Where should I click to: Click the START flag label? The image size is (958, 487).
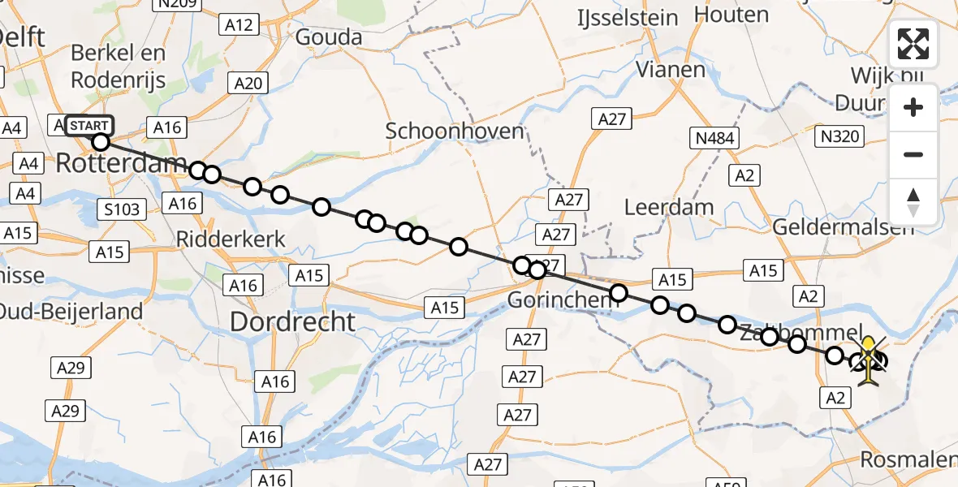coord(88,126)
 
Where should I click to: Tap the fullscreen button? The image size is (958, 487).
coord(913,44)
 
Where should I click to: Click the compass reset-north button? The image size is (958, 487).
coord(913,202)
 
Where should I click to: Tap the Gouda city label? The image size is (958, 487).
coord(329,37)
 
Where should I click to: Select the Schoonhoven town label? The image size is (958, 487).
coord(455,131)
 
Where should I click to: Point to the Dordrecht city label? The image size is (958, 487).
coord(292,322)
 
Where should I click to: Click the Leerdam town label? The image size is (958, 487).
coord(669,207)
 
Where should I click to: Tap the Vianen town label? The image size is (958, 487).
coord(671,70)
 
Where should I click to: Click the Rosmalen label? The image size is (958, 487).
coord(908,460)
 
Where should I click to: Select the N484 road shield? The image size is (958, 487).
coord(715,139)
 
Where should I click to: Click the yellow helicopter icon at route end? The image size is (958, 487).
coord(869,362)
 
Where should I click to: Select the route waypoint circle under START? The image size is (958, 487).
coord(100,143)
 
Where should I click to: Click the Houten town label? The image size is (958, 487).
coord(731,15)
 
